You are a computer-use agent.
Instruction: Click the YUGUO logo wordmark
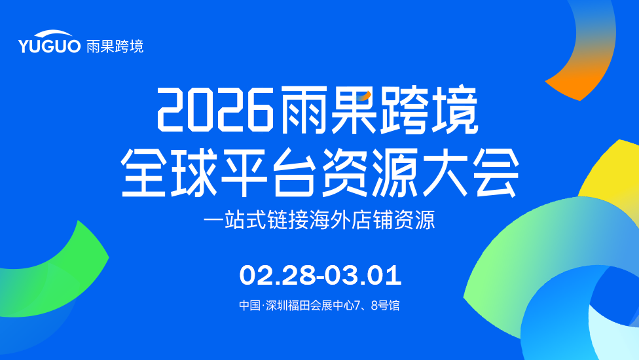pos(49,42)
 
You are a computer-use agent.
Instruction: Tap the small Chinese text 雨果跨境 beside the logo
pos(115,46)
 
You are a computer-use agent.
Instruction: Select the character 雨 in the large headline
pos(304,109)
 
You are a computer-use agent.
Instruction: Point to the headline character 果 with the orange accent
pos(354,109)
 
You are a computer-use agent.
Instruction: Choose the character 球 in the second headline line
pos(194,172)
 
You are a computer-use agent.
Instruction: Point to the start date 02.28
pos(278,275)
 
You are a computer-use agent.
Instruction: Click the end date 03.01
pos(363,275)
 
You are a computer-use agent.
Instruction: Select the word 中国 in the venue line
pos(249,305)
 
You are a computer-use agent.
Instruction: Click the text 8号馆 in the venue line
pos(385,305)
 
